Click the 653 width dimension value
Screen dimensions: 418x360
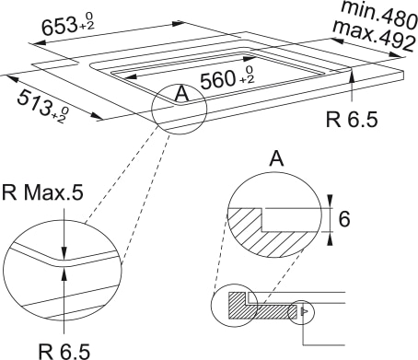(59, 26)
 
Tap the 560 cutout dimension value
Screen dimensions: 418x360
(216, 80)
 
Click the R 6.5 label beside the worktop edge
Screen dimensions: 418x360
(352, 120)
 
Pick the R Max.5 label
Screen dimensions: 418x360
(42, 193)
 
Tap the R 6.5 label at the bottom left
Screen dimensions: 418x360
(64, 352)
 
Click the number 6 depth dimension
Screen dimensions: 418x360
(344, 219)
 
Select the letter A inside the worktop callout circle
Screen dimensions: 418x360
(182, 94)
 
